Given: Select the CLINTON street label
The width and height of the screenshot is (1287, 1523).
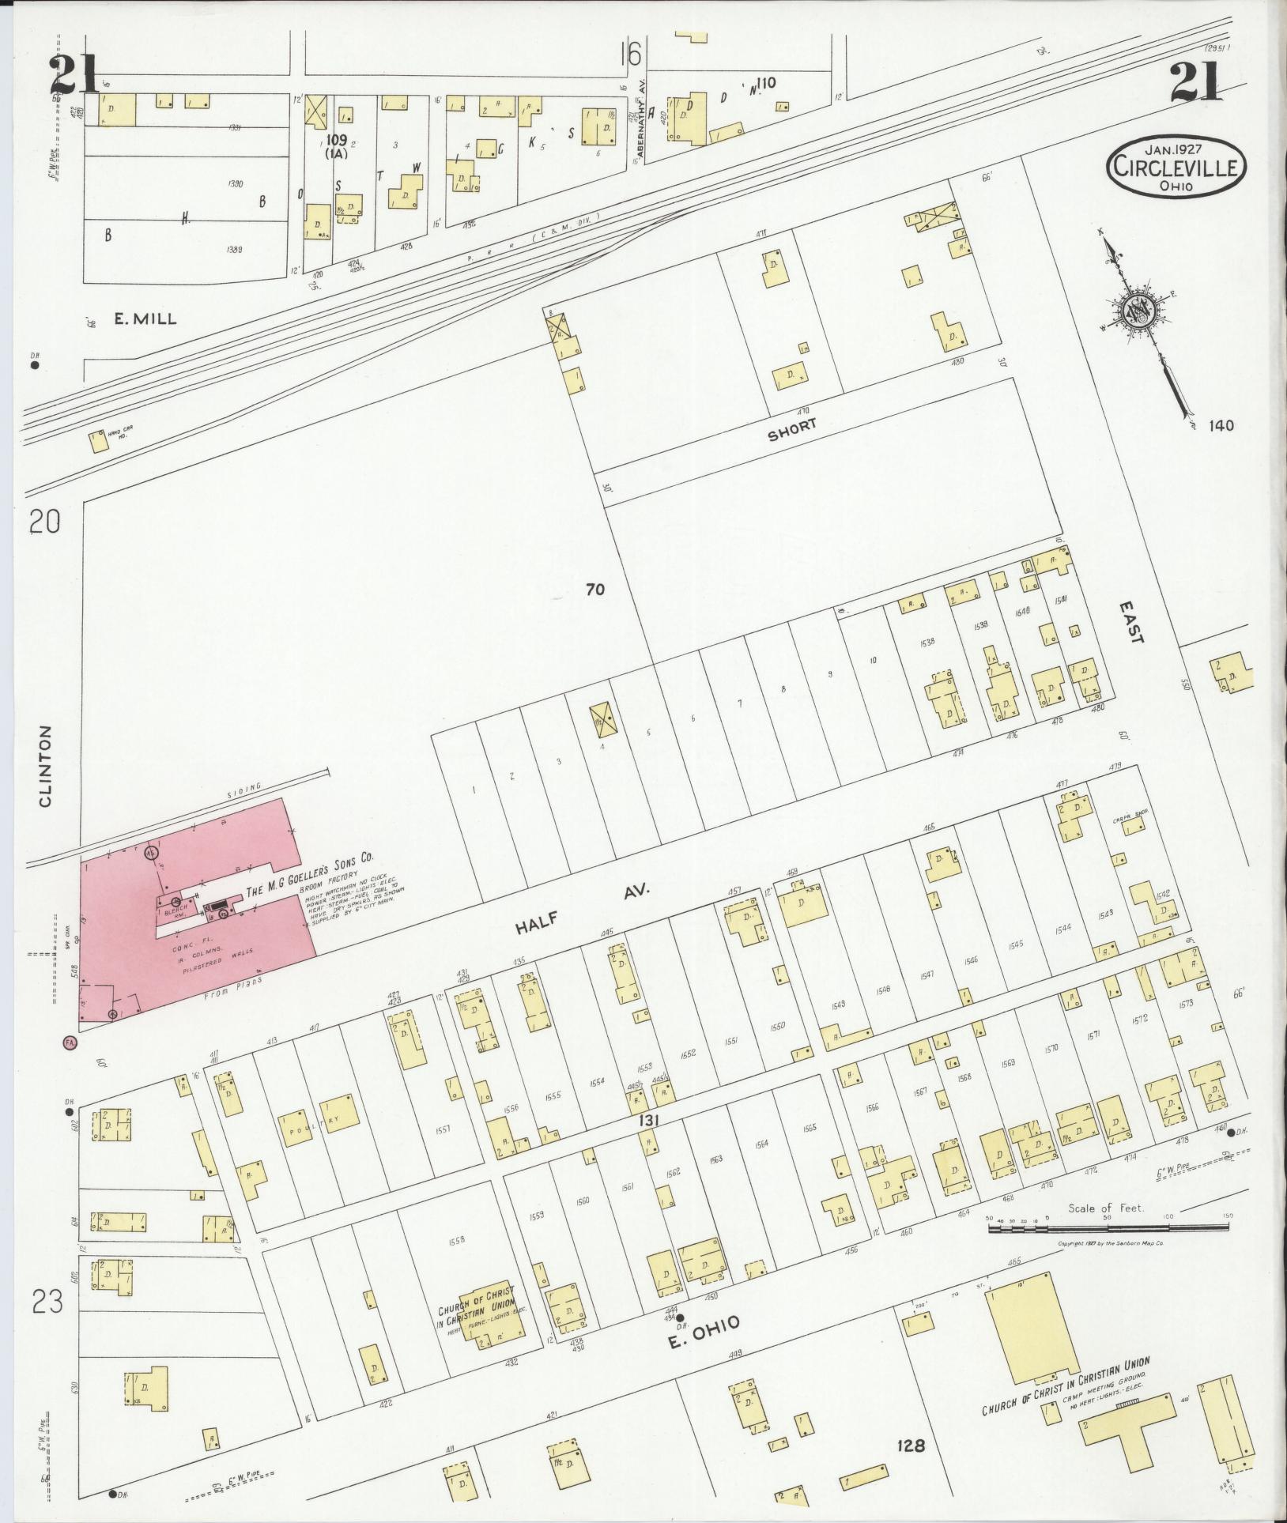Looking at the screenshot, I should (x=45, y=766).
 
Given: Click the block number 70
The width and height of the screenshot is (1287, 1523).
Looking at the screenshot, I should (x=595, y=589).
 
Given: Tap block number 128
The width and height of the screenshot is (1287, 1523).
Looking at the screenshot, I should (x=910, y=1446).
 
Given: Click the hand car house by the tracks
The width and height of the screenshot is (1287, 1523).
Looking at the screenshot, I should (x=99, y=440).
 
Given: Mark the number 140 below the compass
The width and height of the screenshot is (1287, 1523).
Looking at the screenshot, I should (x=1221, y=426).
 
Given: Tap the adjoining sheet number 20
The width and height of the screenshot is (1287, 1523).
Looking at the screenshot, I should (x=46, y=522).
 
